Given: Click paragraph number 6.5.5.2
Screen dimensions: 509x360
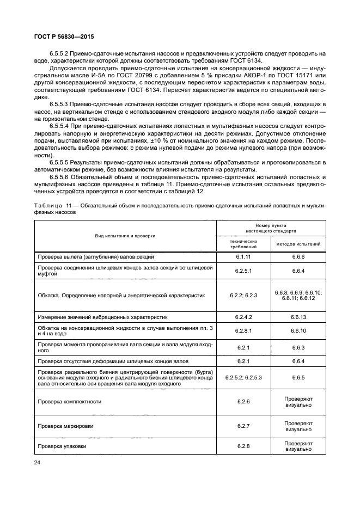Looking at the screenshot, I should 59,53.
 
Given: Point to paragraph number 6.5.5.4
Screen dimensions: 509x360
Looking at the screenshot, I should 59,126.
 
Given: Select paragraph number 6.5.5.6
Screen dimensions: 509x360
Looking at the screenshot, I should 59,177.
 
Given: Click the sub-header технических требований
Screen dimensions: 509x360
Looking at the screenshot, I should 243,243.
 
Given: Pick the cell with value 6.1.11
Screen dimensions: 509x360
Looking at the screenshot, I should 243,256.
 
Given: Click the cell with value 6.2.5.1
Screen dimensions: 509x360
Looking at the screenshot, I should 243,271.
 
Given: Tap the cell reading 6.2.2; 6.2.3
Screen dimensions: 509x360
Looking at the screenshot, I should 243,295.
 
